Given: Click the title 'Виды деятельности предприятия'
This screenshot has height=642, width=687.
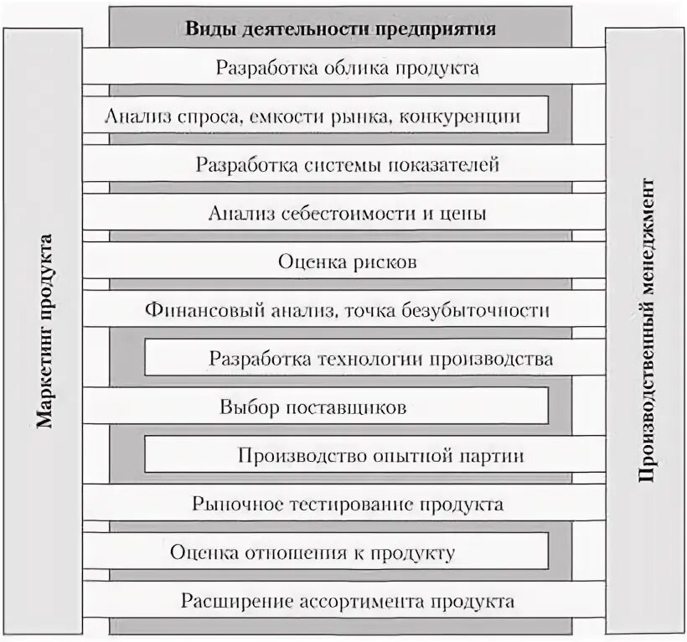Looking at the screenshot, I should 340,28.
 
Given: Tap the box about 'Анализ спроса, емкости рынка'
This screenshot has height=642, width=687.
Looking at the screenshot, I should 313,116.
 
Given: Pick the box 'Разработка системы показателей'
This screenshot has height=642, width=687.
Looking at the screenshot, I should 347,164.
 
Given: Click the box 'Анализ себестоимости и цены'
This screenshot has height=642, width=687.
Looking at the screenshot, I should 347,213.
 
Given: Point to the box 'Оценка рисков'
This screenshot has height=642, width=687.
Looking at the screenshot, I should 347,261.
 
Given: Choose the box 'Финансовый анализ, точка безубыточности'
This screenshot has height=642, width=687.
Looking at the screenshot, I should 347,310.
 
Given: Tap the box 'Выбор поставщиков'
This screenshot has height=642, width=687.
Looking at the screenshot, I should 313,408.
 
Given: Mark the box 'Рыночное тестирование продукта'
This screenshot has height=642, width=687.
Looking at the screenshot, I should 347,505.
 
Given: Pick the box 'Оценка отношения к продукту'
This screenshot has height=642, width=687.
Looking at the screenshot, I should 313,553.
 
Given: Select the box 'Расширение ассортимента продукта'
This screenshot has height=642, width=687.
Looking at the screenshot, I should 347,602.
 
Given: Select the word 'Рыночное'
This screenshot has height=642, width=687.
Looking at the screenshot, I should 228,505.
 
